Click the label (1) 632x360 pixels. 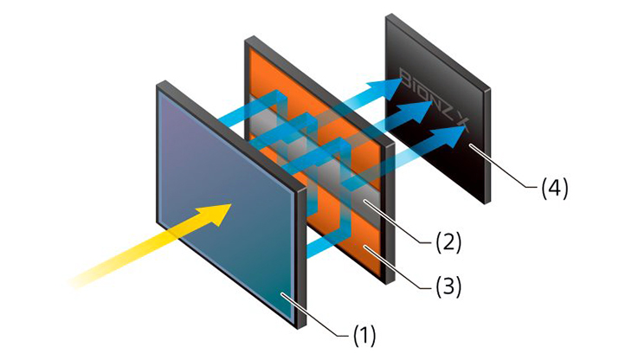[x=364, y=336]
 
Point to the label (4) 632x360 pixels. [x=555, y=188]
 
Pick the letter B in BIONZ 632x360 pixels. [x=404, y=74]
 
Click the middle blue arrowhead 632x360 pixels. [x=416, y=110]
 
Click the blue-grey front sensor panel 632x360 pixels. [x=226, y=202]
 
